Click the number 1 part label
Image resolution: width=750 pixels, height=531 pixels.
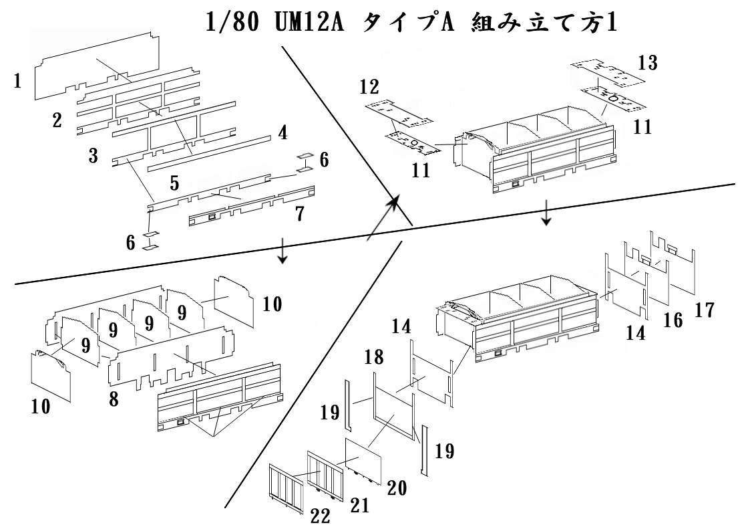point(18,82)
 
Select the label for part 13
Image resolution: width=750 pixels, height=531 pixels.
point(647,64)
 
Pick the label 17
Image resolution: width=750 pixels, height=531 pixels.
point(705,310)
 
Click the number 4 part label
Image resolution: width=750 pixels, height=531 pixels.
point(283,132)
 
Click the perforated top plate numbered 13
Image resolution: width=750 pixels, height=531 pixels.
point(608,74)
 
